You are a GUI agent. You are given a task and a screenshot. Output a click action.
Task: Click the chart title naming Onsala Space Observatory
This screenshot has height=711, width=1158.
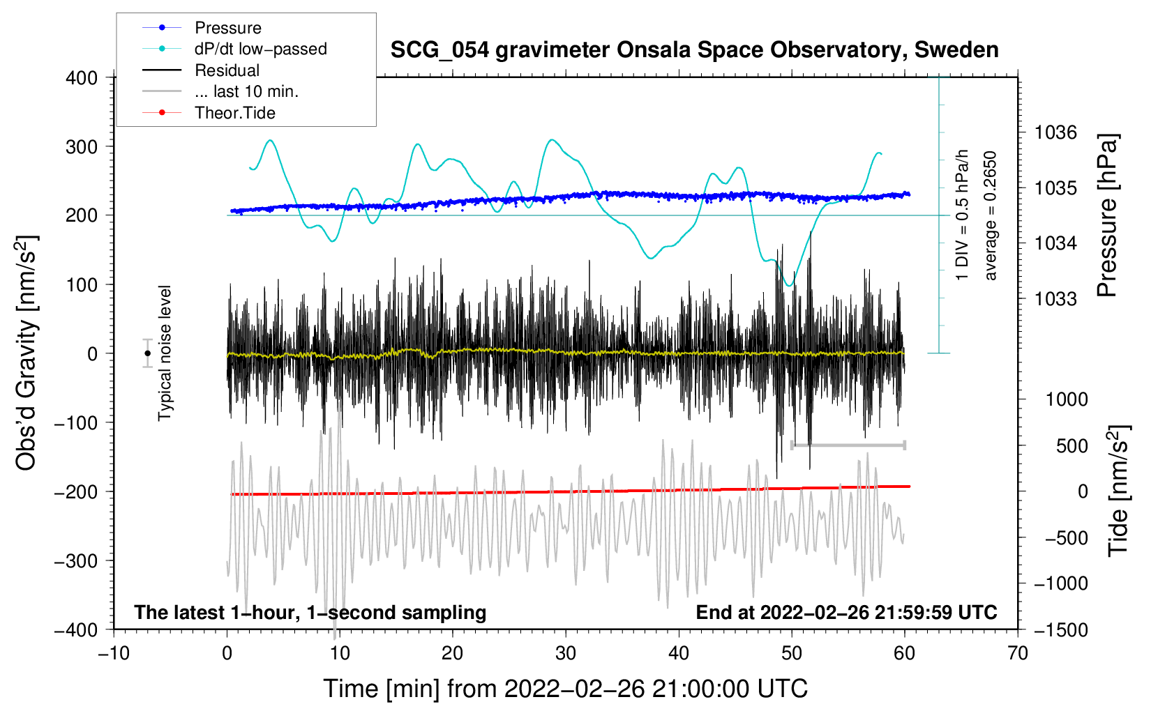pyautogui.click(x=694, y=50)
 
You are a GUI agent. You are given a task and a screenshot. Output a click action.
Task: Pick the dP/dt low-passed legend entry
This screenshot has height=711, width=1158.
pyautogui.click(x=260, y=49)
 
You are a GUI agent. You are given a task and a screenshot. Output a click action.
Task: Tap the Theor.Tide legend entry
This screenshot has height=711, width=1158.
pyautogui.click(x=234, y=113)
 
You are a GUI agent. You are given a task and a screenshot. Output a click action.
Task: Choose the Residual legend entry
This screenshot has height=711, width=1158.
pyautogui.click(x=227, y=70)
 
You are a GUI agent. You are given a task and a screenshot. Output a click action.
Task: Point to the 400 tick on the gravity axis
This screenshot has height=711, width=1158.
pyautogui.click(x=82, y=77)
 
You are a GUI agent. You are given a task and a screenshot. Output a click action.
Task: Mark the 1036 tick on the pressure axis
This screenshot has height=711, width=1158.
pyautogui.click(x=1055, y=132)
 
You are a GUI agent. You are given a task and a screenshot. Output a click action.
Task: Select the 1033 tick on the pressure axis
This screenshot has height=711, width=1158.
pyautogui.click(x=1055, y=299)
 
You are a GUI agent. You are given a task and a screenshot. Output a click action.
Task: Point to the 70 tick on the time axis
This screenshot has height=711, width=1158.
pyautogui.click(x=1018, y=653)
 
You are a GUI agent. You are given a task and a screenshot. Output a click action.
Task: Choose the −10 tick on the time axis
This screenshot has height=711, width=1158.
pyautogui.click(x=114, y=653)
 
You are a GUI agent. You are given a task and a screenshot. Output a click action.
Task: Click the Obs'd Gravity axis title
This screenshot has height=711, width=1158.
pyautogui.click(x=26, y=353)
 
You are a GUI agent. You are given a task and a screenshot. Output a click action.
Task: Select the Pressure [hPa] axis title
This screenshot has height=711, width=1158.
pyautogui.click(x=1107, y=215)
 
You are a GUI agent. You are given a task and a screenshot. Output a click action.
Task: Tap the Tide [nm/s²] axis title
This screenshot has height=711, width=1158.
pyautogui.click(x=1118, y=491)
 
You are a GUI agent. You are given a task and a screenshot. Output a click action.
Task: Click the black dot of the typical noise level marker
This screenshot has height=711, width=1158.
pyautogui.click(x=147, y=353)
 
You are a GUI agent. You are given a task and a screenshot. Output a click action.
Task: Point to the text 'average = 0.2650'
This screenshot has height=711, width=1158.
pyautogui.click(x=991, y=215)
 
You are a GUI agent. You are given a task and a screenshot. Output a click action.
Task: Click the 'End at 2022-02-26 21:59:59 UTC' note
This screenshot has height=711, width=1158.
pyautogui.click(x=846, y=612)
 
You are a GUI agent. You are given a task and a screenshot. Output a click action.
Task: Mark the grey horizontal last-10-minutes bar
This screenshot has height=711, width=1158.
pyautogui.click(x=848, y=445)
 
